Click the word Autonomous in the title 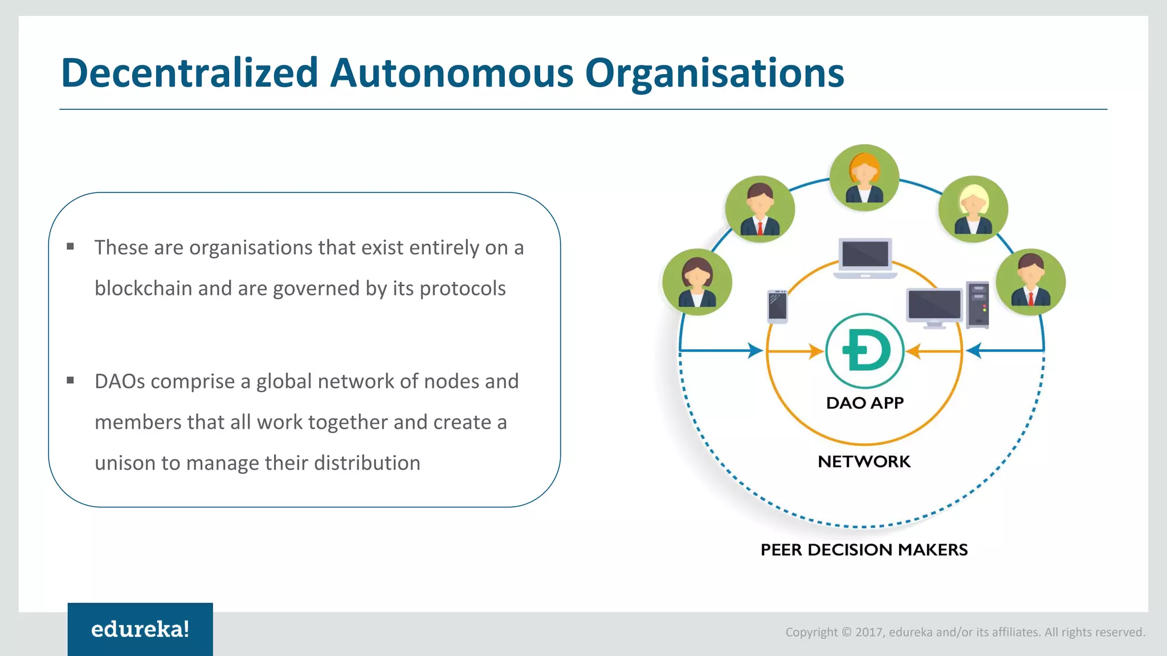(451, 73)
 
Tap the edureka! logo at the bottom (140, 629)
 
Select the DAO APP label (865, 403)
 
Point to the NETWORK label (864, 461)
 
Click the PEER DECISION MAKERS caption (864, 550)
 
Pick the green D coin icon (865, 351)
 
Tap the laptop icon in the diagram (865, 258)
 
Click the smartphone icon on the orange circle (777, 306)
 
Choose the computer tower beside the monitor (978, 305)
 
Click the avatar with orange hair (864, 178)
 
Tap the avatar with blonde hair (973, 209)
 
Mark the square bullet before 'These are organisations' (71, 247)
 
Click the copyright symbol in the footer (846, 632)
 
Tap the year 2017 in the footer (869, 632)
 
